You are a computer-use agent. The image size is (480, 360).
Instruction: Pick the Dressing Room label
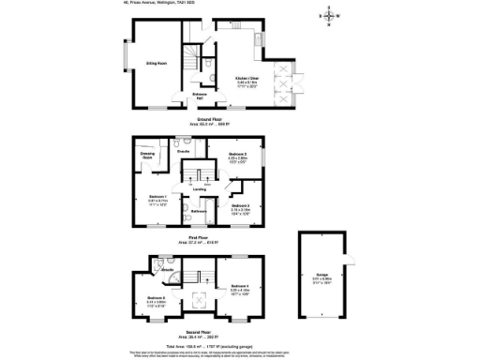pyautogui.click(x=147, y=156)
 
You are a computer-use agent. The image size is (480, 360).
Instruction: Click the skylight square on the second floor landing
pyautogui.click(x=198, y=301)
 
